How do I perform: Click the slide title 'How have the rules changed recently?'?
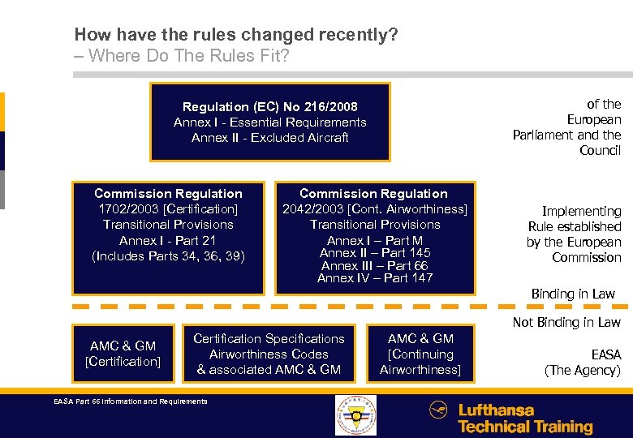[235, 35]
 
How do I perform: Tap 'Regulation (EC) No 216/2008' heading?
[269, 107]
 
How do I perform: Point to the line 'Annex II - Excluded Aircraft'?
[269, 138]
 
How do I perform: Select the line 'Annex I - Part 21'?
[168, 240]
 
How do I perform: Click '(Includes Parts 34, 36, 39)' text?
[168, 256]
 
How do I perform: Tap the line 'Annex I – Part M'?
[375, 240]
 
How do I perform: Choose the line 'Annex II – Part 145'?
[375, 253]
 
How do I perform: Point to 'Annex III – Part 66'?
[375, 266]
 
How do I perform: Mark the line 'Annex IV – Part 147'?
[375, 278]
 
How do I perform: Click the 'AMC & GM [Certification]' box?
[123, 354]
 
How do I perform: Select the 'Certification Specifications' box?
[269, 354]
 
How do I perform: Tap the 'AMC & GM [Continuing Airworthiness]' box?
[420, 354]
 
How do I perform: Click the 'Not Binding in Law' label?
[566, 323]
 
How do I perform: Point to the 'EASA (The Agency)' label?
[583, 363]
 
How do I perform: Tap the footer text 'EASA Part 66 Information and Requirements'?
[130, 401]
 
